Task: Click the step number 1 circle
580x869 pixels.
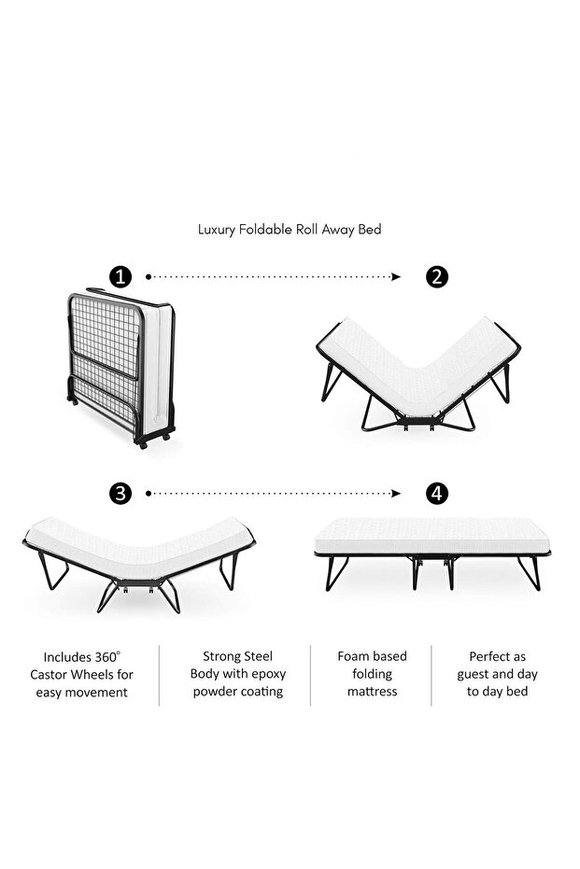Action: [x=120, y=276]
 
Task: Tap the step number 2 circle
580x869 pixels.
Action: [x=437, y=276]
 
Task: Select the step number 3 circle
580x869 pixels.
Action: [x=120, y=493]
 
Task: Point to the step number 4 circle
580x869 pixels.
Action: [x=437, y=493]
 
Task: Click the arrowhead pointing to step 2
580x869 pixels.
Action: [x=396, y=276]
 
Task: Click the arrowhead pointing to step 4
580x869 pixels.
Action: [x=396, y=493]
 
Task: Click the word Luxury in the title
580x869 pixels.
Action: [x=217, y=230]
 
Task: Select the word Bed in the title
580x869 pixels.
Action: [x=369, y=230]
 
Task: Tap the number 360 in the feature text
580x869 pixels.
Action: [x=106, y=657]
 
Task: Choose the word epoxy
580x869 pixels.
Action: [x=269, y=675]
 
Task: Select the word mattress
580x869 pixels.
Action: [x=372, y=692]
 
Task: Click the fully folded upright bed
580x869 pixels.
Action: [x=121, y=368]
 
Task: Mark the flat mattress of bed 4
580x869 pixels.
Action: [x=431, y=536]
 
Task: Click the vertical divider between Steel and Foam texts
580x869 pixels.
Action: [x=310, y=675]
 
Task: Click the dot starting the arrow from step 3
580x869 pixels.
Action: [x=149, y=493]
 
